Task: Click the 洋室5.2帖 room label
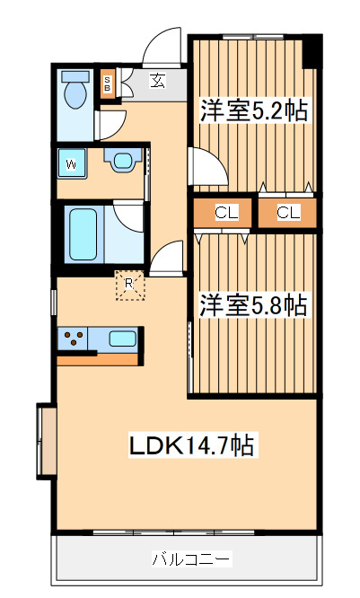(253, 111)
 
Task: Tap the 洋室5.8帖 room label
(253, 305)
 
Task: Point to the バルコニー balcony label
(190, 559)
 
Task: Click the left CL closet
(225, 214)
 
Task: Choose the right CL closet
(287, 214)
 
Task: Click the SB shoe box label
(108, 84)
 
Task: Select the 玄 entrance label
(158, 82)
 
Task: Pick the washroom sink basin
(119, 161)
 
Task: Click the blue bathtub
(83, 233)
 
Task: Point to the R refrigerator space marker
(129, 286)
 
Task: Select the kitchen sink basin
(123, 339)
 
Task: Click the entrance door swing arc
(162, 49)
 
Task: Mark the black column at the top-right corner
(312, 48)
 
